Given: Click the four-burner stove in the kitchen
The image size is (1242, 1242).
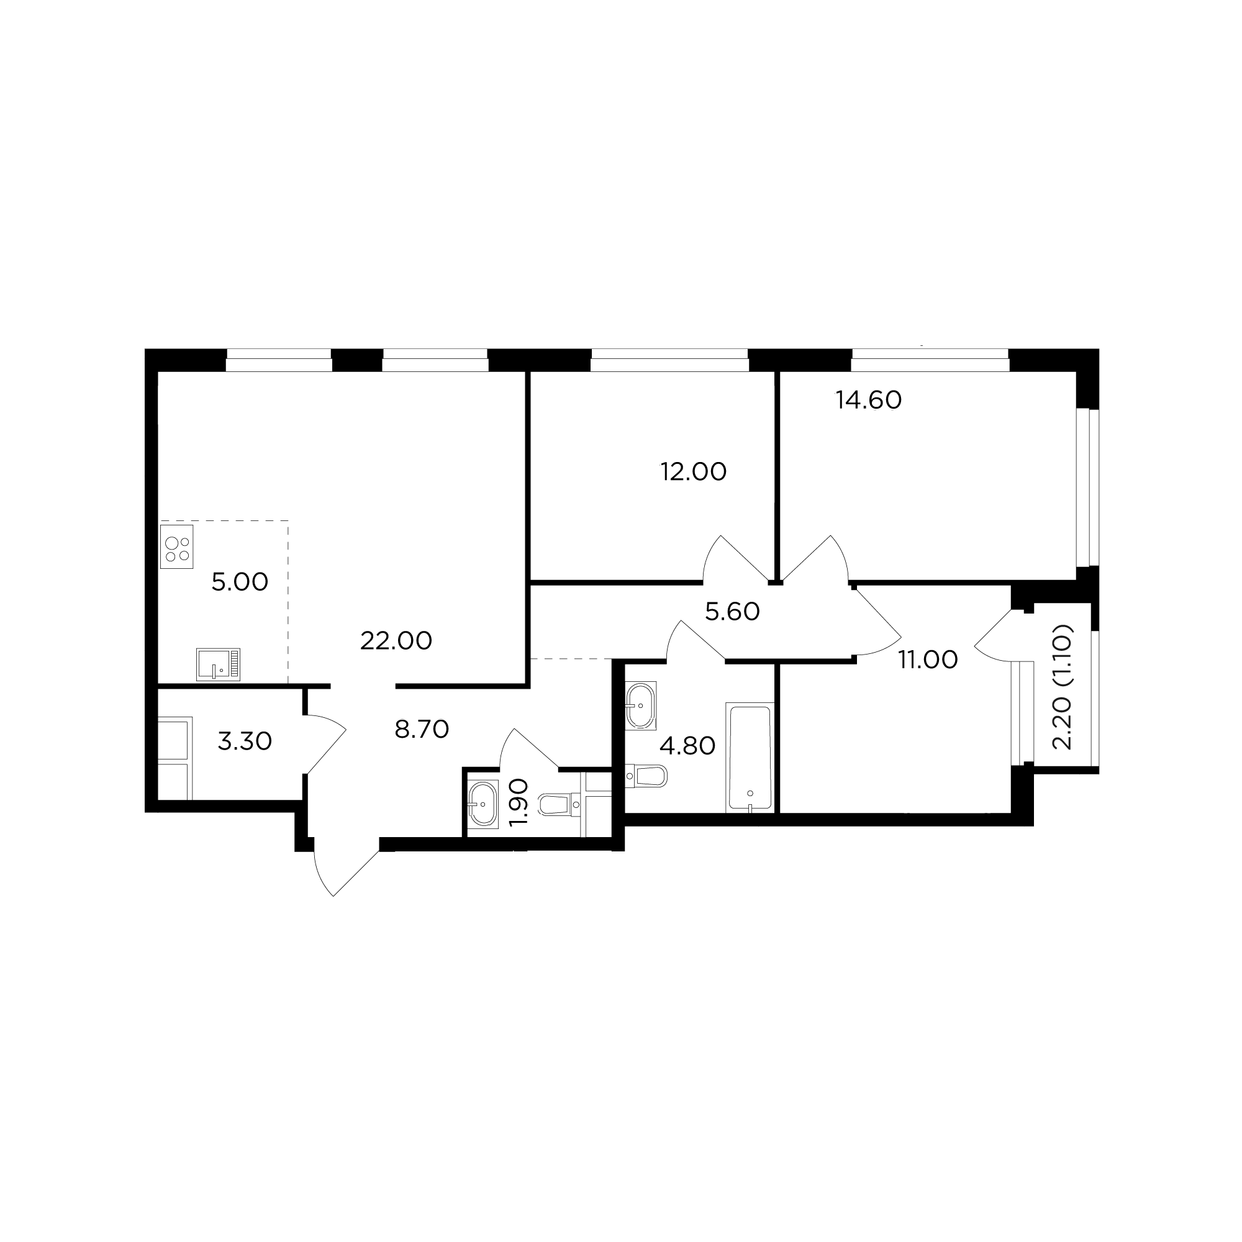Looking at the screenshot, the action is [176, 546].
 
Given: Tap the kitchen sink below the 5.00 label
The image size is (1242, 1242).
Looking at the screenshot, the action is [218, 664].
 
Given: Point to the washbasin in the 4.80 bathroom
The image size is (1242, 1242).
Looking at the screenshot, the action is [640, 705].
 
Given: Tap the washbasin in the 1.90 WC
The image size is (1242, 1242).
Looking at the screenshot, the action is [482, 804].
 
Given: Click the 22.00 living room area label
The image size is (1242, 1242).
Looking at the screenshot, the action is [396, 641].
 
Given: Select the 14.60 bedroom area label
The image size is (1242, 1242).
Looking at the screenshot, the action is [869, 401].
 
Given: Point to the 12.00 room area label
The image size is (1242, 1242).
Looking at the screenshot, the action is [694, 472].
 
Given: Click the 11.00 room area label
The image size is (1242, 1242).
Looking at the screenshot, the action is [928, 660].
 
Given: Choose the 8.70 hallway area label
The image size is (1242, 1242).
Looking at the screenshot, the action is [422, 730].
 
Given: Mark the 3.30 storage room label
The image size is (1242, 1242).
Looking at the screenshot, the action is [245, 742].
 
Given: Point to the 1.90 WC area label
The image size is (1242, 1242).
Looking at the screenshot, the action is [518, 802].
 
